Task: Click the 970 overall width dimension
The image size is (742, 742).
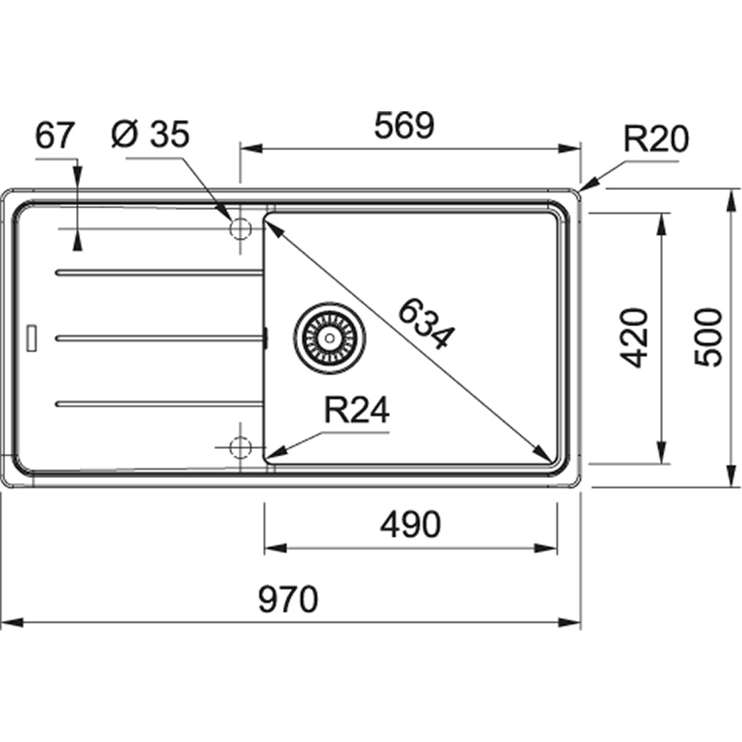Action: tap(288, 599)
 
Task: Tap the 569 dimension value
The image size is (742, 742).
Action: tap(403, 127)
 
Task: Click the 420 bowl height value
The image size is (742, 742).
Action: tap(636, 337)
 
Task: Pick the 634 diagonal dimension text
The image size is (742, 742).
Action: tap(424, 323)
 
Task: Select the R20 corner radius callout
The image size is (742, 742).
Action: tap(657, 139)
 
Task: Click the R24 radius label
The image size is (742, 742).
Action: tap(356, 412)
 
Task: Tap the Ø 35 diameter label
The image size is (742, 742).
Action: tap(151, 135)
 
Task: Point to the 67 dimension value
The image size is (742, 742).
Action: tap(56, 135)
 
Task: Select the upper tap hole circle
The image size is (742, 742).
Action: tap(240, 229)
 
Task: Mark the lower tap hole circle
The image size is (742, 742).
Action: tap(240, 447)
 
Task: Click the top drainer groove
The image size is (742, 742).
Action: tap(159, 273)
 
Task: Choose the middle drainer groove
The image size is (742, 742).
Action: tap(159, 337)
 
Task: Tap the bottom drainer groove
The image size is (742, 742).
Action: tap(159, 403)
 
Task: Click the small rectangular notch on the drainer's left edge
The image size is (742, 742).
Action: tap(34, 337)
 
